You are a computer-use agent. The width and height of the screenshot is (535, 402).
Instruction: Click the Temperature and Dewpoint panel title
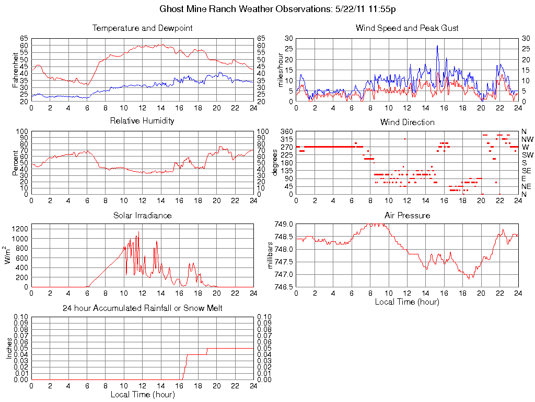point(142,28)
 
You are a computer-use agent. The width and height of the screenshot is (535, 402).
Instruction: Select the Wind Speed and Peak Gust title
point(407,28)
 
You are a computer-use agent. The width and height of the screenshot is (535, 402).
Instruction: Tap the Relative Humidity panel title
point(142,121)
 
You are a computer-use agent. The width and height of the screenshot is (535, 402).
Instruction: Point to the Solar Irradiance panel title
point(142,215)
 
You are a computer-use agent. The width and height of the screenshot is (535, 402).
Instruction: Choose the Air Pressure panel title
point(407,215)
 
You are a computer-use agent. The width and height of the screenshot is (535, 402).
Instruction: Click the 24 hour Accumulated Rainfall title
point(142,308)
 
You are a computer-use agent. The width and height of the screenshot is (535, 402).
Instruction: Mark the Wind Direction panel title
point(407,122)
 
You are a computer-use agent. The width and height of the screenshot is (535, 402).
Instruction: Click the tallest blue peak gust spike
point(437,46)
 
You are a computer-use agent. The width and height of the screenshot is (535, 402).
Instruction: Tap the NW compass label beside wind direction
point(527,139)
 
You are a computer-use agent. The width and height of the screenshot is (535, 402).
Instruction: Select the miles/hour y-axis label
point(280,70)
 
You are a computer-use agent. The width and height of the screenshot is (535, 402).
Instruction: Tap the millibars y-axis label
point(271,255)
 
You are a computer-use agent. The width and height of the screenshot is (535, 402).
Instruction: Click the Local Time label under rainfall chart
point(142,394)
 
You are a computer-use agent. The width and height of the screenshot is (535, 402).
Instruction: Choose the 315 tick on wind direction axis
point(286,139)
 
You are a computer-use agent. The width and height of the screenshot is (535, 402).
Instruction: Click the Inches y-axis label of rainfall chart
point(9,348)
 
